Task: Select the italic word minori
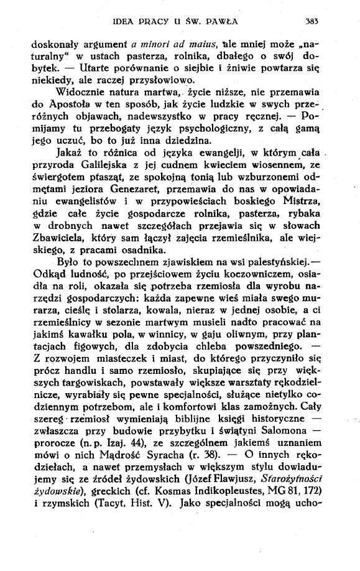click(x=164, y=44)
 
